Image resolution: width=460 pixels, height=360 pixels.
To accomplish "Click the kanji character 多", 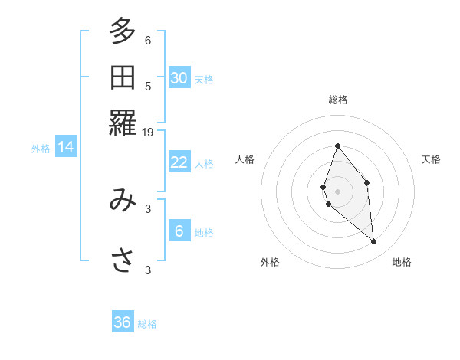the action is [x=123, y=32].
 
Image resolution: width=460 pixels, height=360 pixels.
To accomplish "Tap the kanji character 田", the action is [x=123, y=77].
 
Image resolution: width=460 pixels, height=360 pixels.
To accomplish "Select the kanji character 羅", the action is [x=123, y=123].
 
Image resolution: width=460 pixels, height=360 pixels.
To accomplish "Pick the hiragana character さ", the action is [x=123, y=260].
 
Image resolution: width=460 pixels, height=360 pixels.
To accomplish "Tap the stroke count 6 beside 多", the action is [x=148, y=41].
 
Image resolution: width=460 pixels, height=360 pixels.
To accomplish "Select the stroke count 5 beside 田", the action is [x=148, y=87].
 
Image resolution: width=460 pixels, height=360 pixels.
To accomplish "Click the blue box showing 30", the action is [x=179, y=77].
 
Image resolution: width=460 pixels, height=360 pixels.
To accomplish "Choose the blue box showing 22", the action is [x=179, y=162].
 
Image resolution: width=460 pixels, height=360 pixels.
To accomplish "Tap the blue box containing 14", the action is [x=66, y=147].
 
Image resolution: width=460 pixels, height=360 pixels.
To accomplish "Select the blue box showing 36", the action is [x=123, y=322].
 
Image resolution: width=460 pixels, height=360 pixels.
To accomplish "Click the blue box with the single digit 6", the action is [x=179, y=231].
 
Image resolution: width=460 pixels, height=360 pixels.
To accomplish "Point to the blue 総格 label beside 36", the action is [x=147, y=324].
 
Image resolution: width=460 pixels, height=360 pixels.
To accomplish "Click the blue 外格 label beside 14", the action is [x=41, y=149].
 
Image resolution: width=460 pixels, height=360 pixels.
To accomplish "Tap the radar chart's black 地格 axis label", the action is [x=402, y=262].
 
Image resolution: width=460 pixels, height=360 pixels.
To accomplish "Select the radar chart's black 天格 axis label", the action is [x=431, y=159].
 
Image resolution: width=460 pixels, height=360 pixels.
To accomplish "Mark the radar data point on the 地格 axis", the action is [x=374, y=242].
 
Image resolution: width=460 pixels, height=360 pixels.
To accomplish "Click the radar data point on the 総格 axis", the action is [x=337, y=146].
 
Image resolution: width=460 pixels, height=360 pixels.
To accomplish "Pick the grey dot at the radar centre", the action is [x=337, y=191].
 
